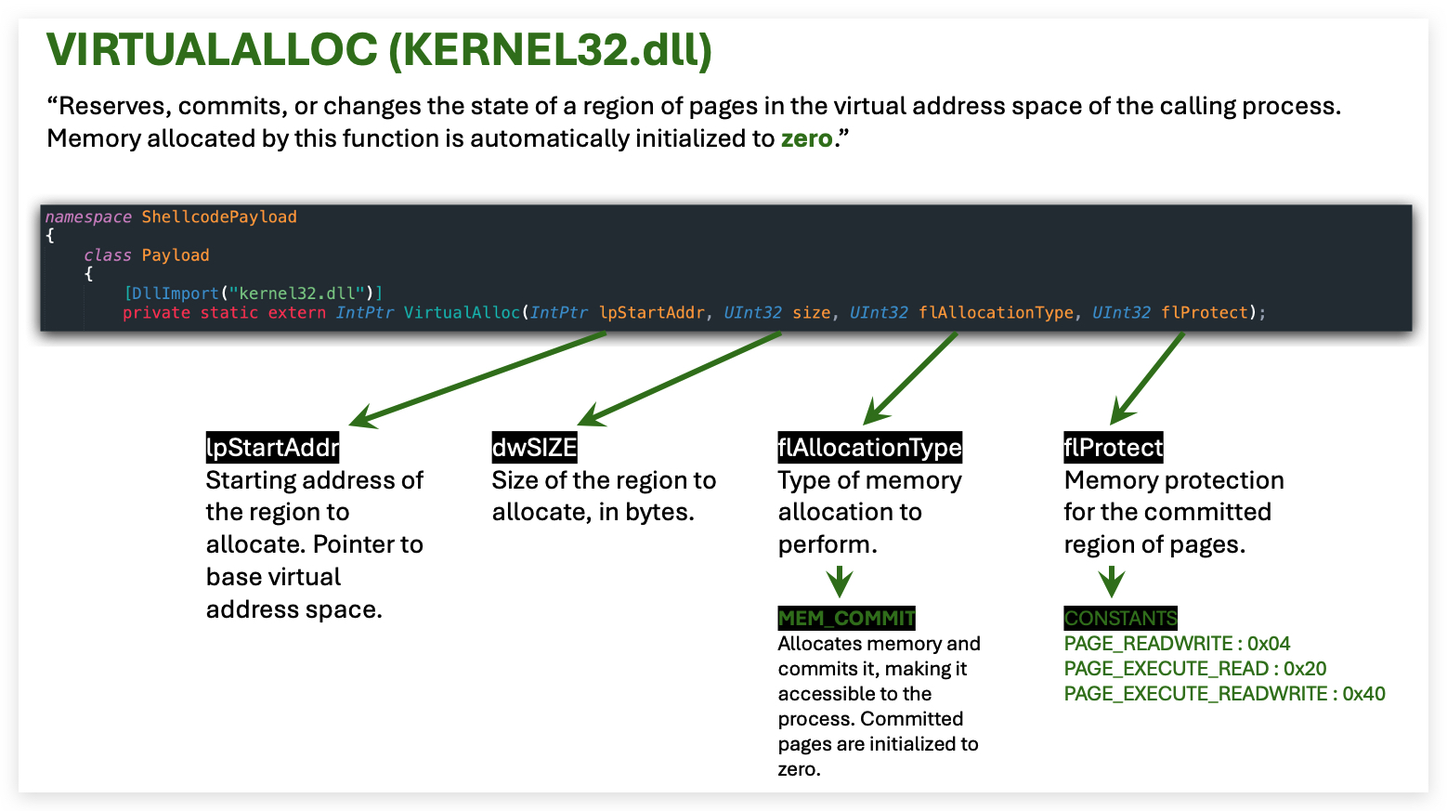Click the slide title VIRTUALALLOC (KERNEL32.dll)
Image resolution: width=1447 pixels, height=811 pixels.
click(x=379, y=50)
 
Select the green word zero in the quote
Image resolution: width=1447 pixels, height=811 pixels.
click(x=807, y=139)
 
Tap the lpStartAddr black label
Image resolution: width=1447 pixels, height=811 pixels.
click(x=273, y=447)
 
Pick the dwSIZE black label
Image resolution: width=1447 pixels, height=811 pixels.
click(x=534, y=447)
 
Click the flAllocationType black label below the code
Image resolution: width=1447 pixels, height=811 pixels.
click(x=869, y=447)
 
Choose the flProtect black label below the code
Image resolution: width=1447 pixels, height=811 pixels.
click(x=1113, y=447)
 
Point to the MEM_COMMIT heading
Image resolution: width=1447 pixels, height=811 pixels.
click(x=846, y=619)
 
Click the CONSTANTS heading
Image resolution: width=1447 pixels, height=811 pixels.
click(x=1120, y=619)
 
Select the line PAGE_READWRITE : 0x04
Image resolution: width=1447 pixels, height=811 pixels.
click(x=1177, y=644)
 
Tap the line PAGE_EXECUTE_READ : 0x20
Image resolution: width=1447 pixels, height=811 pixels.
click(x=1195, y=669)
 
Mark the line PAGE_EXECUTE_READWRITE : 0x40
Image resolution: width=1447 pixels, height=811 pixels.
click(x=1225, y=694)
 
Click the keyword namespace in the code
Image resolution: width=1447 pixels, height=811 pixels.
click(x=88, y=217)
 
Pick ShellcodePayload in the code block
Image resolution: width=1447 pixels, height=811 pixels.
click(x=219, y=217)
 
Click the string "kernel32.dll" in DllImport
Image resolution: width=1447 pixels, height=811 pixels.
click(x=297, y=294)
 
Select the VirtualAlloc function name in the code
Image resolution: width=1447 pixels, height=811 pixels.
click(x=462, y=313)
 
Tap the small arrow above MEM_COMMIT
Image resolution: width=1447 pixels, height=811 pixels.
click(x=840, y=582)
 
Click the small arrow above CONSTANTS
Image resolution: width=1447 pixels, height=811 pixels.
click(x=1112, y=582)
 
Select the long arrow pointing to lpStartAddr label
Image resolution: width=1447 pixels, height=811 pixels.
click(x=477, y=380)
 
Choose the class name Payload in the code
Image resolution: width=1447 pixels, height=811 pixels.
click(x=175, y=255)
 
